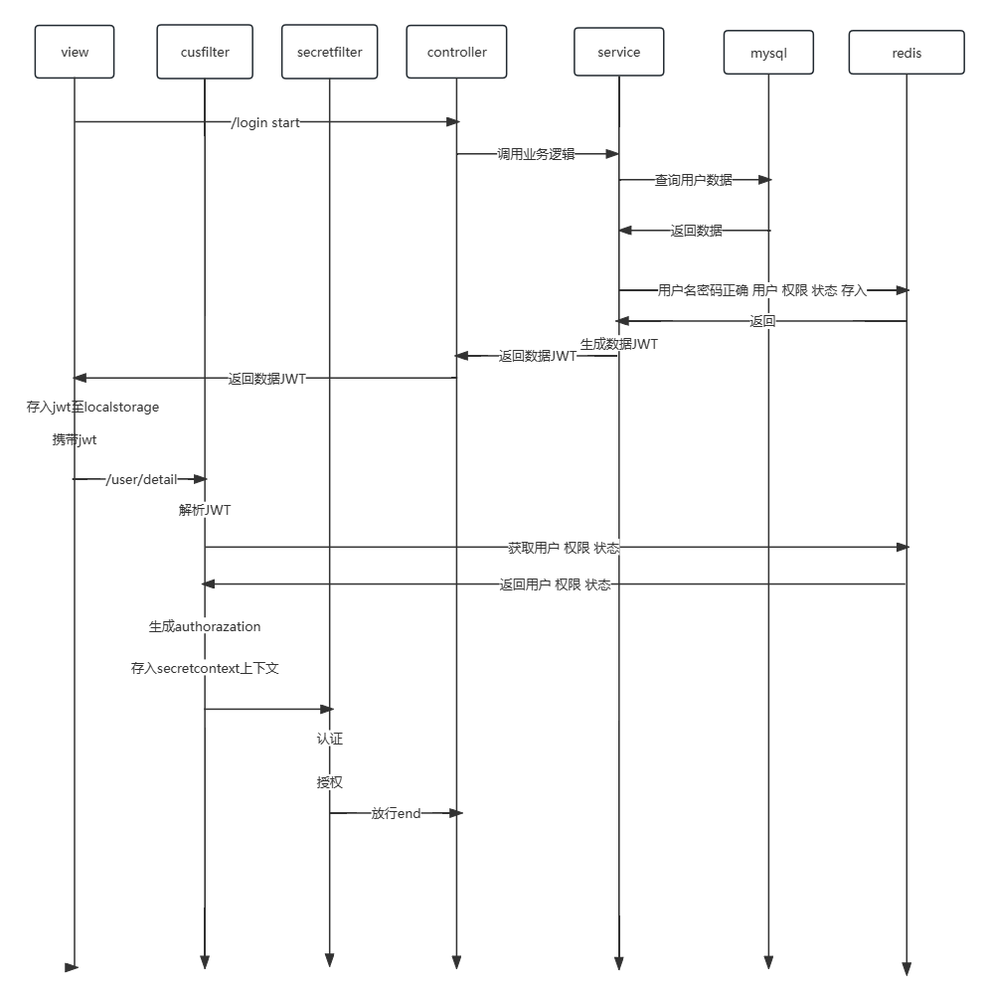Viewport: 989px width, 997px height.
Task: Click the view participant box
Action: point(75,52)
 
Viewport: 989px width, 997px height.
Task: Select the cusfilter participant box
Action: point(205,52)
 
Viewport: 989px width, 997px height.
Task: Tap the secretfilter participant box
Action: point(329,52)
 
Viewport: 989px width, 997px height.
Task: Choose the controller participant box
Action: point(456,52)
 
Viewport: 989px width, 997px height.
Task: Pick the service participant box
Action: point(618,52)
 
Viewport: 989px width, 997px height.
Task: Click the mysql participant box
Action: point(768,54)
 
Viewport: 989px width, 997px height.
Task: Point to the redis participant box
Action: point(907,54)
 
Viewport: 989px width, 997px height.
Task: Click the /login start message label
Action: point(265,122)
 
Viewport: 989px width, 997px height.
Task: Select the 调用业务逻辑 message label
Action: point(537,154)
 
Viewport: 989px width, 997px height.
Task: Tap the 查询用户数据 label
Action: point(693,180)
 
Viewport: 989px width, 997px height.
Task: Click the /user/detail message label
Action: point(141,479)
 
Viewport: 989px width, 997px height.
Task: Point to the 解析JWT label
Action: point(205,510)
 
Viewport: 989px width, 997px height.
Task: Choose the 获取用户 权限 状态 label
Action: point(564,548)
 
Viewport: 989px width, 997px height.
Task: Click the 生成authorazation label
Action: point(205,626)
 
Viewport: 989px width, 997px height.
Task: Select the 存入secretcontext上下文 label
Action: point(205,668)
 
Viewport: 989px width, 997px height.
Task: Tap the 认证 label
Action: point(329,739)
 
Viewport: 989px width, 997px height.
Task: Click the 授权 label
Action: point(329,782)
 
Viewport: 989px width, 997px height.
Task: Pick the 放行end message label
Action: point(396,813)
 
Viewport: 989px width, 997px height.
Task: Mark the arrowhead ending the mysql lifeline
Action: point(768,962)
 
